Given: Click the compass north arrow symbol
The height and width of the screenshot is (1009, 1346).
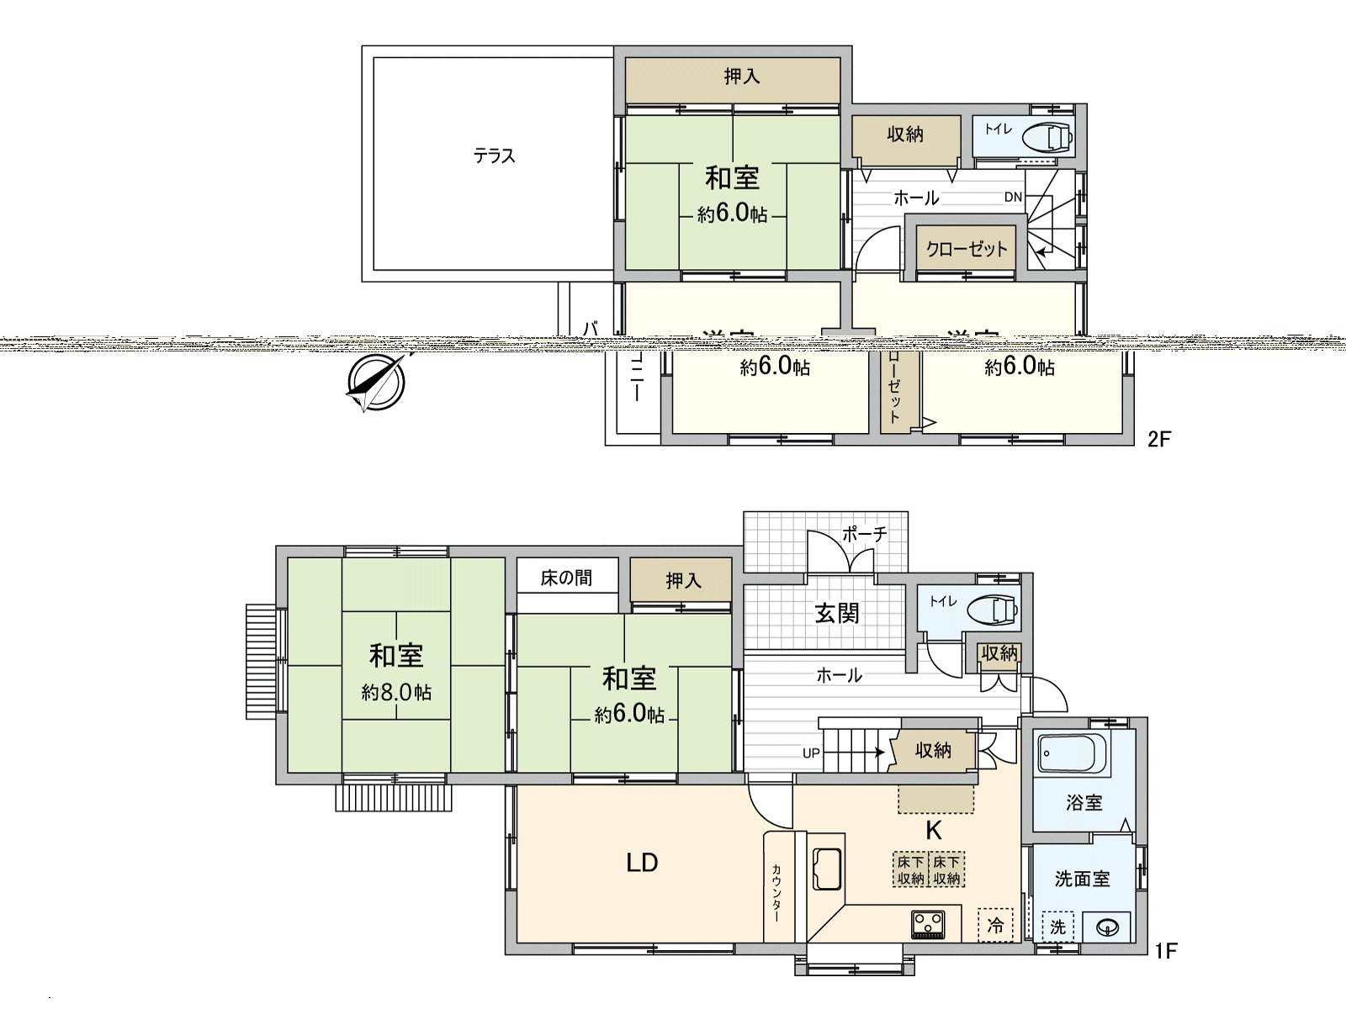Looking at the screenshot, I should click(376, 383).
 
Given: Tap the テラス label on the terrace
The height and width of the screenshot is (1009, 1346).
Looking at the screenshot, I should click(494, 156).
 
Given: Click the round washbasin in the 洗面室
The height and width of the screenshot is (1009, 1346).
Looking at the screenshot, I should click(1108, 927).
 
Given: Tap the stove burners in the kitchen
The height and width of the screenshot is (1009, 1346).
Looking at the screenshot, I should click(928, 924).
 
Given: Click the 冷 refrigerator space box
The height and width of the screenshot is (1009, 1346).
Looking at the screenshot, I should click(995, 925).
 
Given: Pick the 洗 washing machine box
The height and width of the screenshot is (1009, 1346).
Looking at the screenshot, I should click(1057, 927).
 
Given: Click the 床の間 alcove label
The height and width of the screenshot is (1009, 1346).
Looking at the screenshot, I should click(566, 578).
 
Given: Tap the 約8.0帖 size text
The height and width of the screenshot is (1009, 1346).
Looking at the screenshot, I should click(396, 692).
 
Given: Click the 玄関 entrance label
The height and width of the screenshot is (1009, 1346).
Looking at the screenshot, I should click(837, 613).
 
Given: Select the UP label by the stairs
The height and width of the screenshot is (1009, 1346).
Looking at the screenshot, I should click(810, 753).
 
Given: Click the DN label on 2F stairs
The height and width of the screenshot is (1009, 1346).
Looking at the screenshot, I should click(1013, 197).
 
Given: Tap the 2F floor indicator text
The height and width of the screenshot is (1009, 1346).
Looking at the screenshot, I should click(1158, 439).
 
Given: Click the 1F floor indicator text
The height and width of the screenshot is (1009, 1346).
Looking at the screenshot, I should click(1165, 951).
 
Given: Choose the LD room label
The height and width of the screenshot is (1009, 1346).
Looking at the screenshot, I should click(642, 863).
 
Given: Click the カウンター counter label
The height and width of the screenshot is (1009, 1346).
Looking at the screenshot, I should click(776, 892).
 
